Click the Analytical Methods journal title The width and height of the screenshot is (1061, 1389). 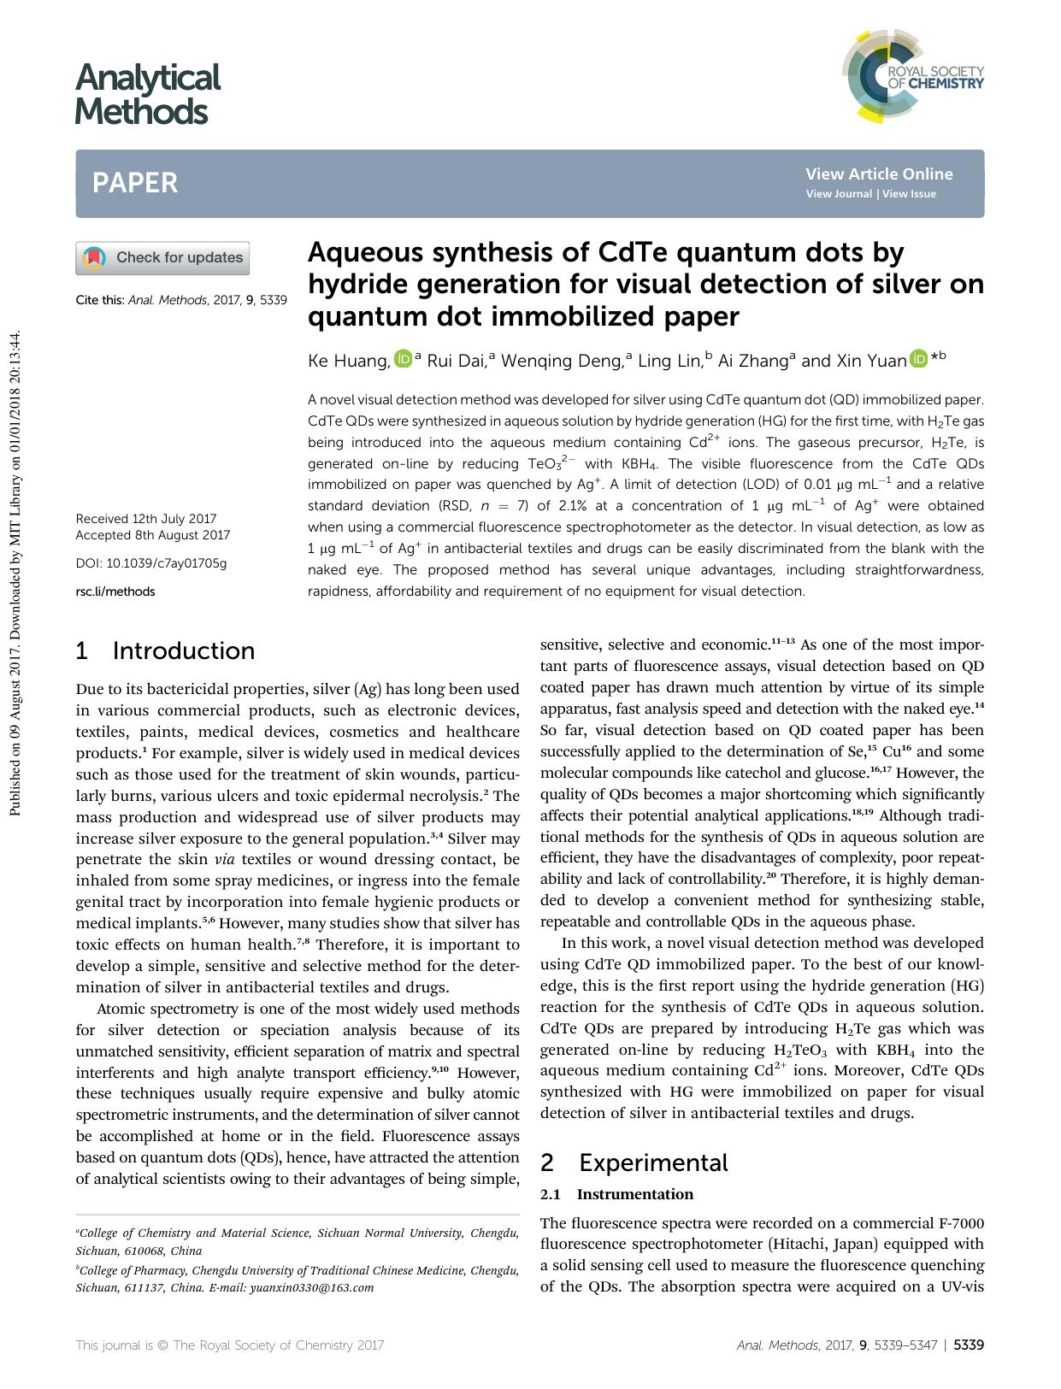(147, 94)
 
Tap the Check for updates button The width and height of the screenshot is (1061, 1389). (162, 258)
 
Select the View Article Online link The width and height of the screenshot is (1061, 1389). (878, 174)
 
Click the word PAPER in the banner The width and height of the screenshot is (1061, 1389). (135, 183)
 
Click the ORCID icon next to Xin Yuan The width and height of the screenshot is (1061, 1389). (919, 359)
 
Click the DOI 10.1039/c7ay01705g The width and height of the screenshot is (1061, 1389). (151, 564)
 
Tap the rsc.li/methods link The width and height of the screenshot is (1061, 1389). (115, 592)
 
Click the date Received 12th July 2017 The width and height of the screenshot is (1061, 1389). (146, 519)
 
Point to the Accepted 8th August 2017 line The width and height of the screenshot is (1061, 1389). (153, 536)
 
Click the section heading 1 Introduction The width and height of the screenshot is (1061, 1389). (165, 651)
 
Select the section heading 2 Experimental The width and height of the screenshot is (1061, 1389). (634, 1163)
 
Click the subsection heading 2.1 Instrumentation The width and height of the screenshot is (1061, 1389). (616, 1194)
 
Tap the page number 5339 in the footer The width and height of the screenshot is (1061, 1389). (969, 1345)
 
